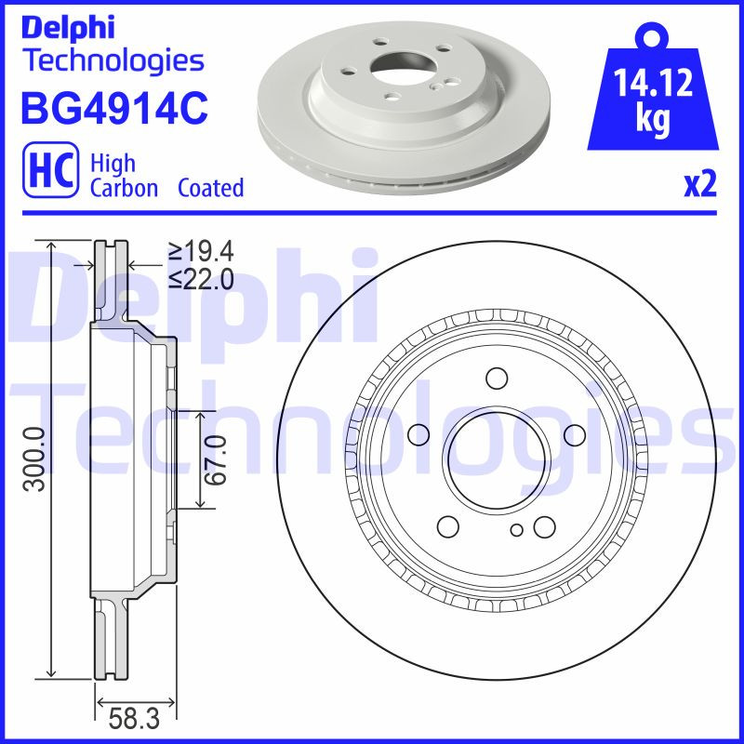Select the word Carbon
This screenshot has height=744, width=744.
[124, 188]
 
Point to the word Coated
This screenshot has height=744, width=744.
[211, 188]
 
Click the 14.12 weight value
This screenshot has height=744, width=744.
[654, 86]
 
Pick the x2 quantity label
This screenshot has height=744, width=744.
[699, 185]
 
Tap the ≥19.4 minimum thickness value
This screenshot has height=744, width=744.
[199, 250]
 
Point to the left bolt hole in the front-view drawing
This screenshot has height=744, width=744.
[418, 434]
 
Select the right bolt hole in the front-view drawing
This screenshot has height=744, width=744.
[575, 434]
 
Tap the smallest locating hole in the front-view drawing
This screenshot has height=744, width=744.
[517, 530]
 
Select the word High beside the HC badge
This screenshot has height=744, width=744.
[113, 164]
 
